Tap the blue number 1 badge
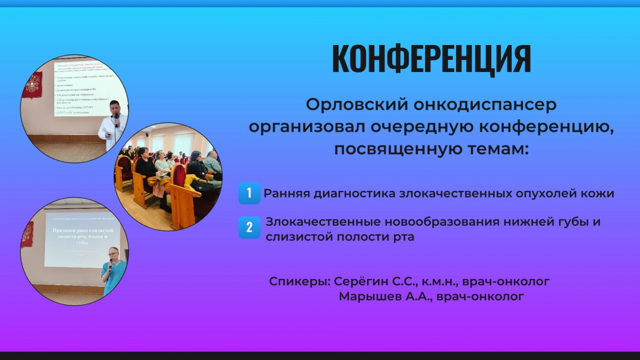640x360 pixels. [x=248, y=193]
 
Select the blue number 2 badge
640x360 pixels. [x=248, y=228]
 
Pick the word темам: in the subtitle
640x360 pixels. [x=495, y=150]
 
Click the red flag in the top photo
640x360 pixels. [x=32, y=90]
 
